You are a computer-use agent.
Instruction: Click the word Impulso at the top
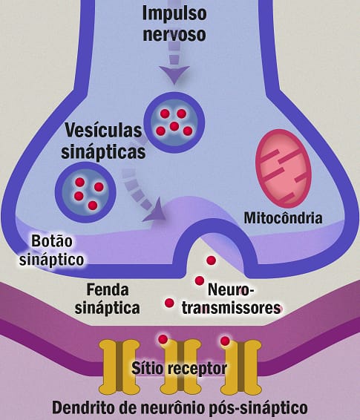click(x=174, y=13)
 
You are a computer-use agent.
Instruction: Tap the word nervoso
click(x=174, y=34)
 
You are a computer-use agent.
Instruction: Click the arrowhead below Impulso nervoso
click(x=174, y=75)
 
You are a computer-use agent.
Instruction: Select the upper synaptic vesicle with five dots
click(x=174, y=122)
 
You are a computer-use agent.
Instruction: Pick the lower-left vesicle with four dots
click(x=85, y=192)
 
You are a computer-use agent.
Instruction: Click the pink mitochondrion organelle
click(x=284, y=168)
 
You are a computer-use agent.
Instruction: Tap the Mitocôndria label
click(x=283, y=218)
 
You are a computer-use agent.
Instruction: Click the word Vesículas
click(x=103, y=131)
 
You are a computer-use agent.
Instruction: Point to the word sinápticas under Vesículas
click(x=103, y=152)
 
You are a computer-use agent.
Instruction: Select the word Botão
click(x=52, y=241)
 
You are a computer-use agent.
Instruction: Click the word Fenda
click(x=108, y=290)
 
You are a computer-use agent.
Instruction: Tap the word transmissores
click(x=231, y=308)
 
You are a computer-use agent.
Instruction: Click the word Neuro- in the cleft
click(x=232, y=290)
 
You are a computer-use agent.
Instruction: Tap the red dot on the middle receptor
click(x=163, y=339)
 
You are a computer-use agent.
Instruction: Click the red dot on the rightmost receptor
click(x=225, y=341)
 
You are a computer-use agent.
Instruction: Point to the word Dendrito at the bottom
click(x=85, y=408)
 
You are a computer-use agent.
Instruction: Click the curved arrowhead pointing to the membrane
click(x=156, y=211)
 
